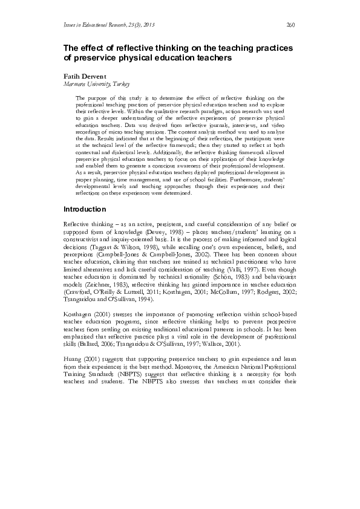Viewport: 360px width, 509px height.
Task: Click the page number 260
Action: [x=290, y=25]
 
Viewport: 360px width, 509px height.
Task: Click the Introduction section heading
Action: [x=88, y=209]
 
